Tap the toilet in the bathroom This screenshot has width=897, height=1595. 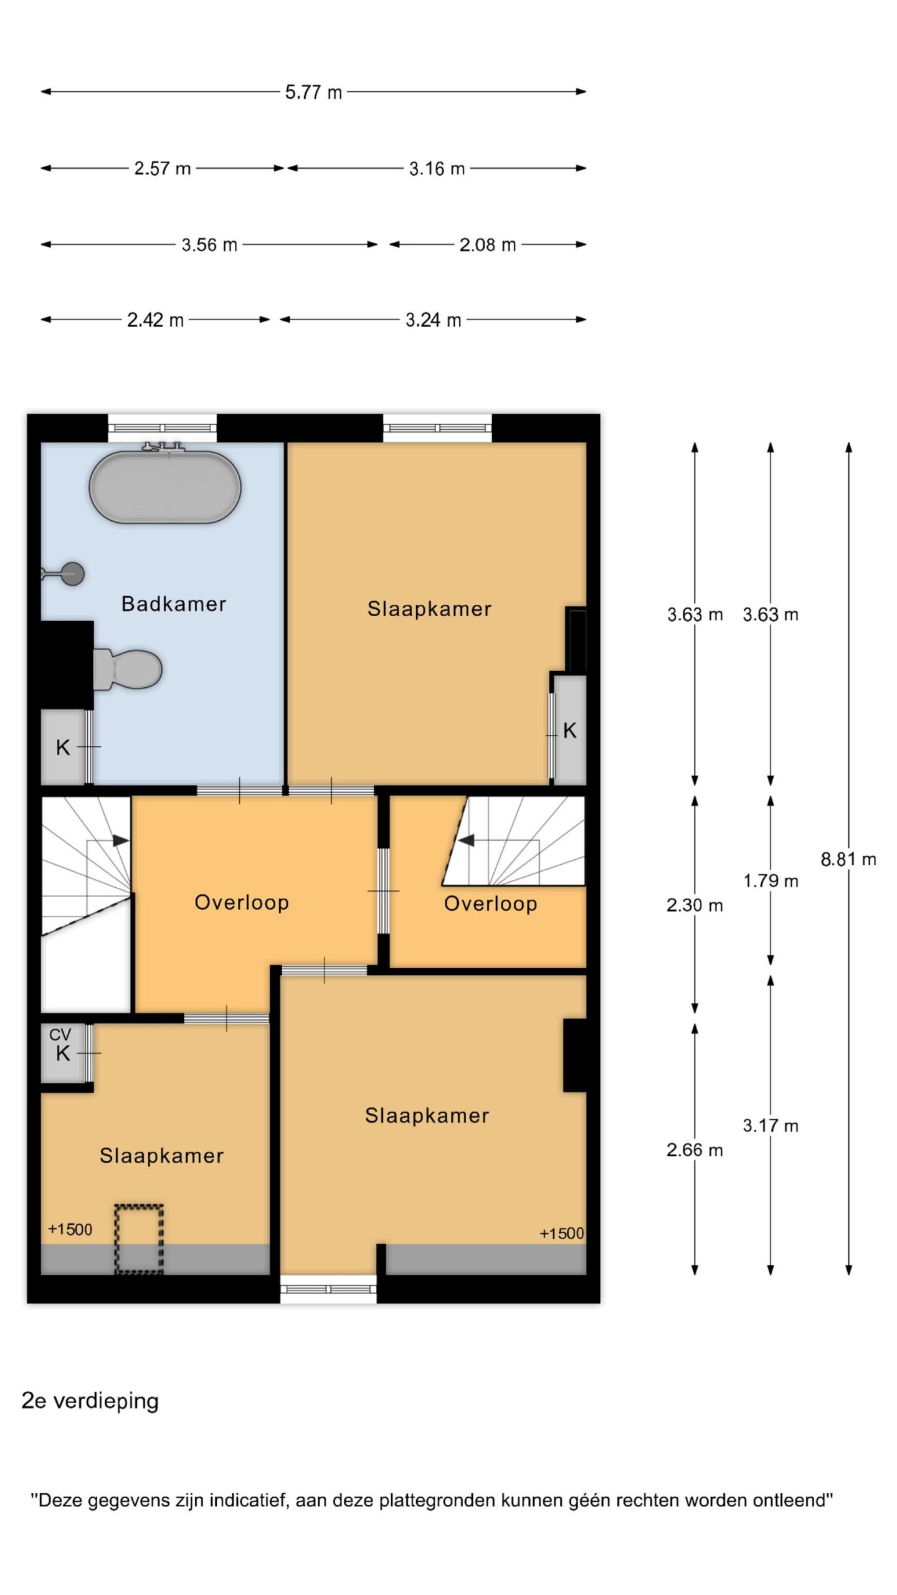(x=128, y=669)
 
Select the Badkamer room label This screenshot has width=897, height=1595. (x=173, y=604)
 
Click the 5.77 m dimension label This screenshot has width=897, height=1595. (x=313, y=92)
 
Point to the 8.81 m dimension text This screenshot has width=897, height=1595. (x=848, y=859)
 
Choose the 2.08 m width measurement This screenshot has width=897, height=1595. (x=488, y=245)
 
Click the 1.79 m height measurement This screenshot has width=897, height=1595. (x=771, y=880)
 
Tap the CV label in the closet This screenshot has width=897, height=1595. (x=60, y=1035)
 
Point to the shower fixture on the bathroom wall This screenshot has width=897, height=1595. (x=63, y=573)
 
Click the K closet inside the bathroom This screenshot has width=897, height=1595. (x=63, y=747)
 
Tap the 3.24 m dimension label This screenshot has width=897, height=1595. (x=433, y=320)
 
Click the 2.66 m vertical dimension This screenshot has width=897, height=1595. (x=695, y=1150)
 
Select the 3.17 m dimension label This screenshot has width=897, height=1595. (x=771, y=1125)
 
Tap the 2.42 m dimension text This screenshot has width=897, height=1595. (x=155, y=320)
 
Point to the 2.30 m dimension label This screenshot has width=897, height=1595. (x=695, y=905)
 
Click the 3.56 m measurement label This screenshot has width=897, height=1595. (x=209, y=245)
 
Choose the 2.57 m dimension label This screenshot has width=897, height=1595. (x=163, y=168)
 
